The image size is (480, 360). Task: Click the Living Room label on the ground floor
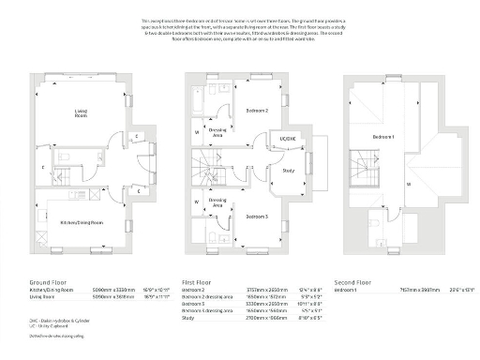click(81, 113)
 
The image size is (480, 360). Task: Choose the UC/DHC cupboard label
click(287, 140)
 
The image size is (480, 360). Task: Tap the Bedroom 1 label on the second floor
click(382, 137)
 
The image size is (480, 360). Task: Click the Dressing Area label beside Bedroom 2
click(216, 134)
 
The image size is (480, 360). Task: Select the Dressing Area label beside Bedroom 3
click(217, 201)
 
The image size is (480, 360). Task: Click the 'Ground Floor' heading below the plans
click(46, 281)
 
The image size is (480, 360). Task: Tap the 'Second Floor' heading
click(352, 281)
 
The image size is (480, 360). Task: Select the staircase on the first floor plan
click(202, 172)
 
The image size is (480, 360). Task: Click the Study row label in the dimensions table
click(188, 318)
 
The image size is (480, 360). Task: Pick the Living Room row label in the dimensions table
click(41, 297)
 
